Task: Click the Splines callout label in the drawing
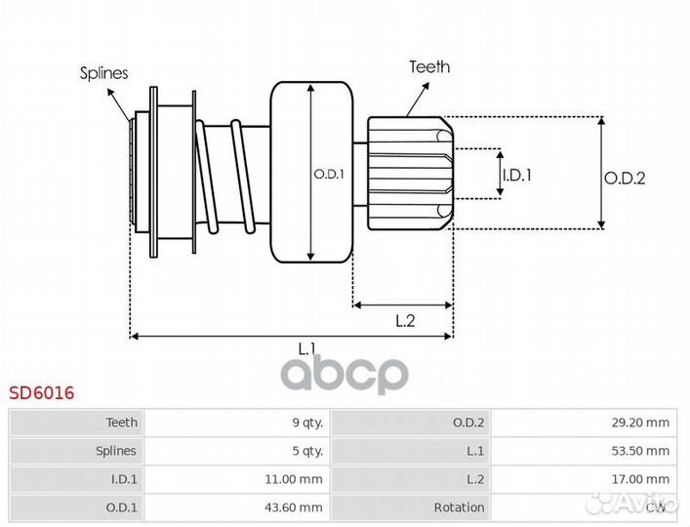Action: pyautogui.click(x=103, y=73)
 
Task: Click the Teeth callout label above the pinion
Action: pyautogui.click(x=429, y=67)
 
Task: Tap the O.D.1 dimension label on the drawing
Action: pyautogui.click(x=328, y=175)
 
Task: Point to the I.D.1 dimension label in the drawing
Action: pyautogui.click(x=517, y=176)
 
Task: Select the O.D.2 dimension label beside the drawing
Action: pyautogui.click(x=625, y=178)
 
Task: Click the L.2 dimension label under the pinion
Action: pyautogui.click(x=406, y=320)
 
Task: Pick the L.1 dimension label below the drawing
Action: pyautogui.click(x=306, y=347)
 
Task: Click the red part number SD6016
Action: pyautogui.click(x=42, y=394)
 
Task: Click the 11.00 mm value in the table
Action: pyautogui.click(x=295, y=479)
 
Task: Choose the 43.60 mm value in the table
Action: pyautogui.click(x=295, y=507)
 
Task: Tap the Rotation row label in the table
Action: pyautogui.click(x=460, y=507)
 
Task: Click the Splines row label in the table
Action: pyautogui.click(x=115, y=451)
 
